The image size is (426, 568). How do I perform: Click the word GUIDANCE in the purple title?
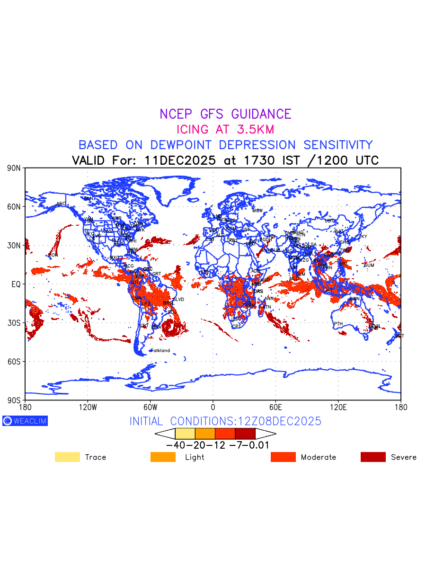point(261,114)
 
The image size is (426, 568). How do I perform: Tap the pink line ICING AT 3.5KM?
point(225,129)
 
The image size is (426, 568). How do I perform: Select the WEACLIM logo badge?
point(25,421)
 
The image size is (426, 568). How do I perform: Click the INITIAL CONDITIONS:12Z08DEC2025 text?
point(225,421)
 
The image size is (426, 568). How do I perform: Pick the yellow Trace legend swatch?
point(67,457)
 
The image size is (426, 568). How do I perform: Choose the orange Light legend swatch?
point(162,457)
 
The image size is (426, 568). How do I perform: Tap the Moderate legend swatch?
point(283,457)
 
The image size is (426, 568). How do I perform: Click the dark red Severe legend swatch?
point(373,457)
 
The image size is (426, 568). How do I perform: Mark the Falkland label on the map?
point(160,351)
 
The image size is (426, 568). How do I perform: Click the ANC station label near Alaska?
point(61,204)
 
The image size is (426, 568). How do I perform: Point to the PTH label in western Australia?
point(338,324)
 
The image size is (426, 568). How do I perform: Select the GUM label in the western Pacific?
point(369,265)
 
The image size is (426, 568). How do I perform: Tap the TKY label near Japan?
point(363,237)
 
